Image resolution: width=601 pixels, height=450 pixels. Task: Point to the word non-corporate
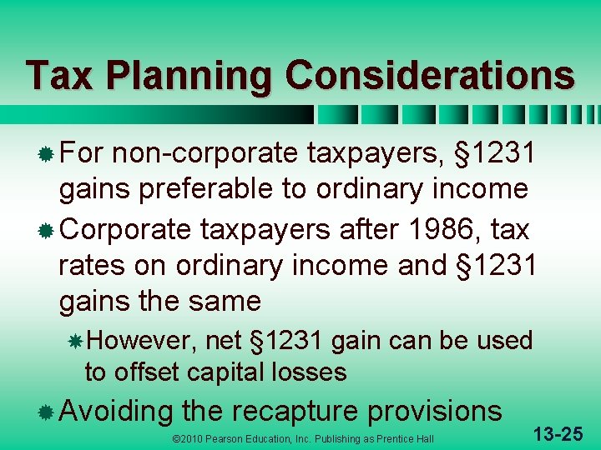pyautogui.click(x=206, y=153)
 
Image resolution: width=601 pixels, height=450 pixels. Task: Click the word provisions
pyautogui.click(x=434, y=410)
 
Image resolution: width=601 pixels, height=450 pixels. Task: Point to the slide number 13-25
pyautogui.click(x=559, y=432)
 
